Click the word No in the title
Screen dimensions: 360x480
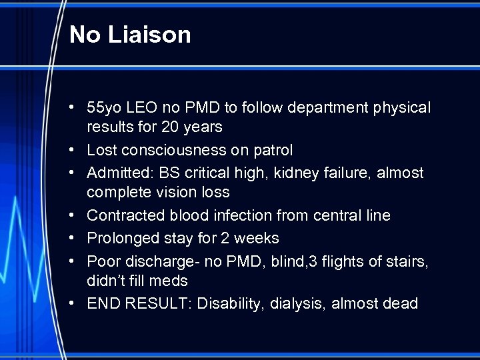click(83, 35)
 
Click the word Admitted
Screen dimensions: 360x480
click(117, 173)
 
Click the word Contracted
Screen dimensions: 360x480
click(124, 215)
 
